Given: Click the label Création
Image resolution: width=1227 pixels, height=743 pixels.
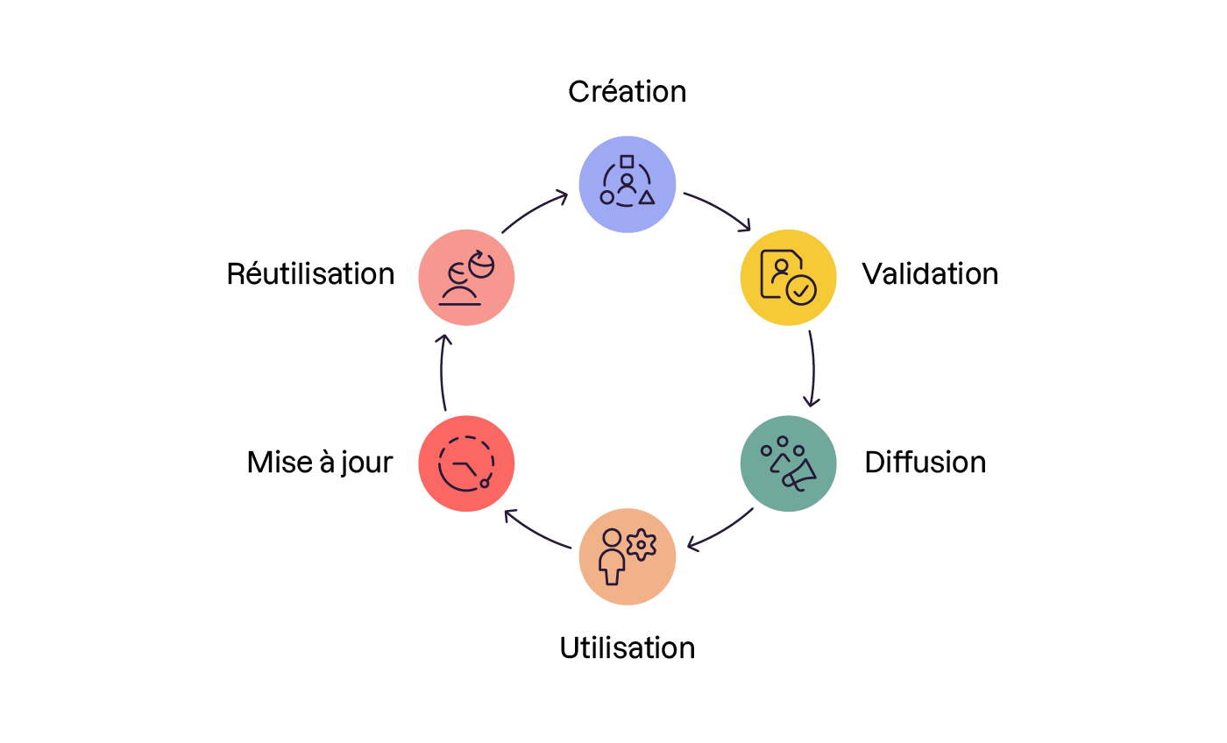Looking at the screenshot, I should pos(627,91).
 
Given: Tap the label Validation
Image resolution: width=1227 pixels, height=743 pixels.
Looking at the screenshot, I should pos(930,273).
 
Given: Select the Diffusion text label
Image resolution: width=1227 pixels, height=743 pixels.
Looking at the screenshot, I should pos(925,462).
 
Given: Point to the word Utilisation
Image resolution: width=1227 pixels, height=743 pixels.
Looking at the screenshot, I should pos(627,647).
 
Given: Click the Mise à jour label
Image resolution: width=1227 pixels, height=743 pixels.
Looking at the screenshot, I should pos(320,462).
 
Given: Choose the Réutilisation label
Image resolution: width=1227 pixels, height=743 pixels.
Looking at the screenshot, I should pos(310,273).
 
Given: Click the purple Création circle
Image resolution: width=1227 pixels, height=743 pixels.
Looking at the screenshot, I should pos(628,184).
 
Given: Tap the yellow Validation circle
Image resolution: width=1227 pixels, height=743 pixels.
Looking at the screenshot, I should pos(789,278).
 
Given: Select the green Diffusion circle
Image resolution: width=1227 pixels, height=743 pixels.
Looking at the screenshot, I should pos(789,463).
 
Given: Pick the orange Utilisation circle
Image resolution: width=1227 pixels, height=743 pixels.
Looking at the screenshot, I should pos(628,556).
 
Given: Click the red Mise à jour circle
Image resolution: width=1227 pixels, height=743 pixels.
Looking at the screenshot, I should pos(466,463).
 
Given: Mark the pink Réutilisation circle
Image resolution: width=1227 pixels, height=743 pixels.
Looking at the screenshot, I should pos(466,278).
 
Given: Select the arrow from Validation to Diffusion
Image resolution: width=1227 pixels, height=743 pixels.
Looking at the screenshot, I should pos(812,369).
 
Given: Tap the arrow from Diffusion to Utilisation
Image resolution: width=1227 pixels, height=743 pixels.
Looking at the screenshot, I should pos(720,531).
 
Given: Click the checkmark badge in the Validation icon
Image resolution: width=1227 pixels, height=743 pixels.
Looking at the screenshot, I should pos(801,290).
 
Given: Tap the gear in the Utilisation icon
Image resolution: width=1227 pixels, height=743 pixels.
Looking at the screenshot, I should pos(642,545).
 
